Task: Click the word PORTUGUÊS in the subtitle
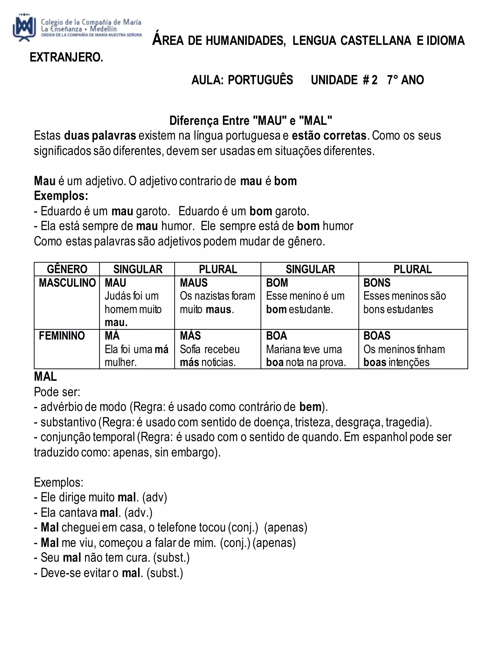(x=260, y=80)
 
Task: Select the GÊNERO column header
(x=67, y=269)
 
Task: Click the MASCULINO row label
(x=67, y=283)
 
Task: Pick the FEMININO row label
(x=62, y=336)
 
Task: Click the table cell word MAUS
(x=194, y=283)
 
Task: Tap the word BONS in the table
(x=377, y=283)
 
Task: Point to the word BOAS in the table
(x=377, y=336)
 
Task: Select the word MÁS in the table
(x=190, y=336)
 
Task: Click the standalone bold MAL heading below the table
(x=45, y=377)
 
